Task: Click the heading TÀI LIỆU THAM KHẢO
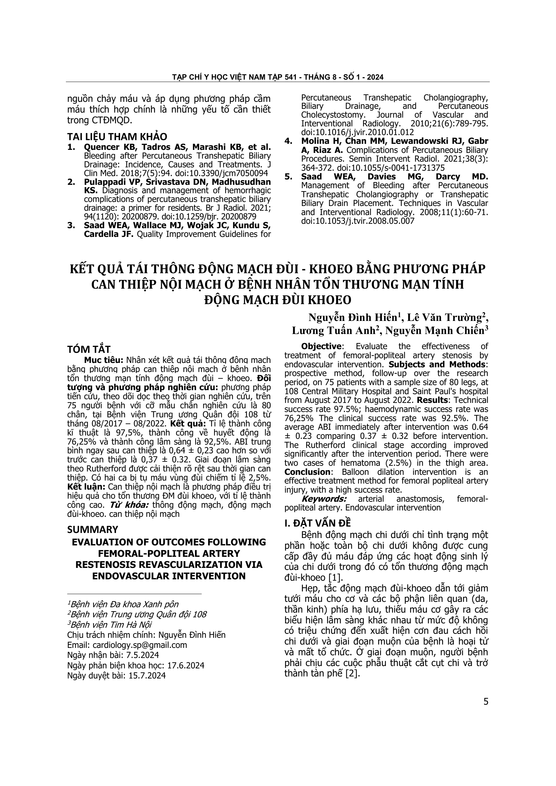117,136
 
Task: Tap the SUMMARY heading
92,529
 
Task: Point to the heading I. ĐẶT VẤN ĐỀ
318,523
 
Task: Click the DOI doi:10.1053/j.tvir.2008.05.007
358,221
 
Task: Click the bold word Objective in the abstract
321,346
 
